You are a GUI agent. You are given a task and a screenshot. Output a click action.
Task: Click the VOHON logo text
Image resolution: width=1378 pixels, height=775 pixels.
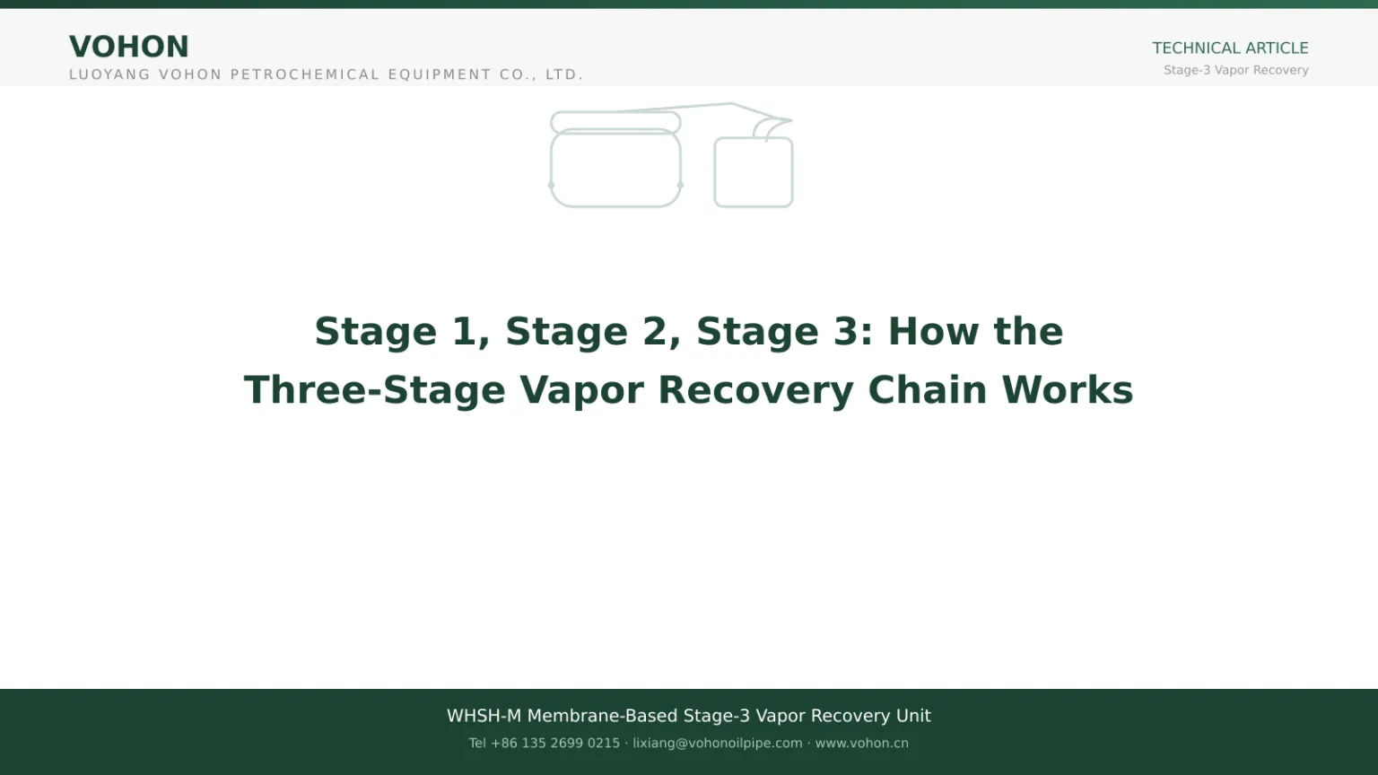pyautogui.click(x=128, y=47)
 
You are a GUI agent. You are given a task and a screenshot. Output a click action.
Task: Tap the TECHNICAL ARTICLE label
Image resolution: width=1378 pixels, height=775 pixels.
pyautogui.click(x=1230, y=48)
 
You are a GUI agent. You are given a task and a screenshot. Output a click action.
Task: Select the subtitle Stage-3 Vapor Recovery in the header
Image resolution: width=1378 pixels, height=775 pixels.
pyautogui.click(x=1236, y=70)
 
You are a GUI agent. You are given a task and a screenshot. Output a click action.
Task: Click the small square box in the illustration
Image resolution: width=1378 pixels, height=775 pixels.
pyautogui.click(x=715, y=172)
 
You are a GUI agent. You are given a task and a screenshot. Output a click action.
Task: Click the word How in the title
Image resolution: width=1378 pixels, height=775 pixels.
pyautogui.click(x=933, y=332)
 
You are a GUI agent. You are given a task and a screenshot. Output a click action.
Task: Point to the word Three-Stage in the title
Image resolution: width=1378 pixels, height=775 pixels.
pyautogui.click(x=375, y=390)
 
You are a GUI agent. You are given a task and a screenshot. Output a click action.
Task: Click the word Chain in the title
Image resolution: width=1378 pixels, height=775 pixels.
pyautogui.click(x=927, y=390)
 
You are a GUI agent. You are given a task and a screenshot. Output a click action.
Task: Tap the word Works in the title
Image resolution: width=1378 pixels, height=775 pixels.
pyautogui.click(x=1068, y=390)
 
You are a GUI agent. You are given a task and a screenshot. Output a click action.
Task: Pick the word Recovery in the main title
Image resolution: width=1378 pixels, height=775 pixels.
pyautogui.click(x=755, y=391)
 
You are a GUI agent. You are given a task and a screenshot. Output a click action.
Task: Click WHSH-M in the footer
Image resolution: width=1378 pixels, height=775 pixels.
pyautogui.click(x=484, y=716)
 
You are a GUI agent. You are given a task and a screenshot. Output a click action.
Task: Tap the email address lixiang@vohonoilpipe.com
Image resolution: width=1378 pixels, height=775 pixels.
pyautogui.click(x=718, y=743)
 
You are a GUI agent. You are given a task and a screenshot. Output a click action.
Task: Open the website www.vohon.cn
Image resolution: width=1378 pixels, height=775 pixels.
pyautogui.click(x=862, y=743)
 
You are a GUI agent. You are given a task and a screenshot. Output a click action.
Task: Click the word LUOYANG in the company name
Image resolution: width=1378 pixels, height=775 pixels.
pyautogui.click(x=109, y=74)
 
